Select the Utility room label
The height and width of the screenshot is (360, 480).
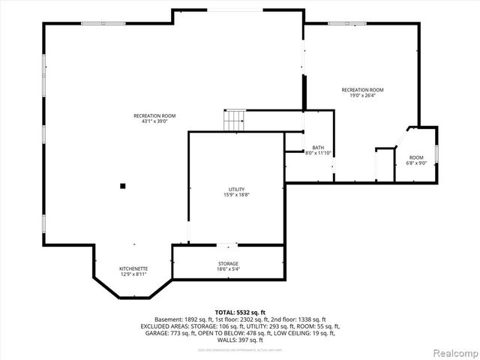click(237, 189)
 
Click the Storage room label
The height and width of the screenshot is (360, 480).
click(229, 263)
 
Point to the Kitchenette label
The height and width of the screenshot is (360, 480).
click(133, 268)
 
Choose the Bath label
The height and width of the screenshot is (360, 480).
click(318, 147)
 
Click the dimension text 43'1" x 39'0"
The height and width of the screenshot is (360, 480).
click(154, 121)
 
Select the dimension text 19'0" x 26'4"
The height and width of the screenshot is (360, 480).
click(357, 95)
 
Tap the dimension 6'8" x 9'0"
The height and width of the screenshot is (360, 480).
click(415, 163)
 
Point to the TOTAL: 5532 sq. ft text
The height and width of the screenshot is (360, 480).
click(239, 311)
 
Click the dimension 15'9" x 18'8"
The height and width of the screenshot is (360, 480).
click(237, 195)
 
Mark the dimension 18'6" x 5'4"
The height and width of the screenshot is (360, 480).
click(229, 269)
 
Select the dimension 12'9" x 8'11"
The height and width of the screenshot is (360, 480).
click(133, 274)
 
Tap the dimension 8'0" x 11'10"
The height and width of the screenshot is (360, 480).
click(318, 153)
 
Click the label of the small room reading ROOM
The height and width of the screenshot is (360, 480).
click(415, 157)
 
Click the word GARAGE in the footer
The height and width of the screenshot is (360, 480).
click(151, 334)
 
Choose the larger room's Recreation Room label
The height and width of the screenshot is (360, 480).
click(154, 115)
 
